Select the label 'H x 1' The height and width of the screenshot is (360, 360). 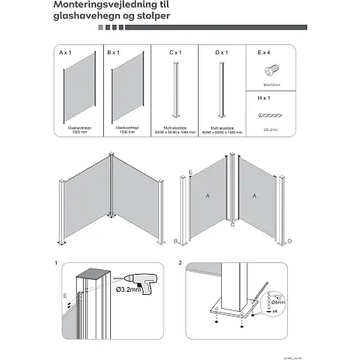(265, 99)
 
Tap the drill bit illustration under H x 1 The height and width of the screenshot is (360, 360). (271, 113)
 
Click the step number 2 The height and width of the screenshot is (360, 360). (179, 264)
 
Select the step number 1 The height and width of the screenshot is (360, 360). (56, 264)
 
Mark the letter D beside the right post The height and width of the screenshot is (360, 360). (289, 241)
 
